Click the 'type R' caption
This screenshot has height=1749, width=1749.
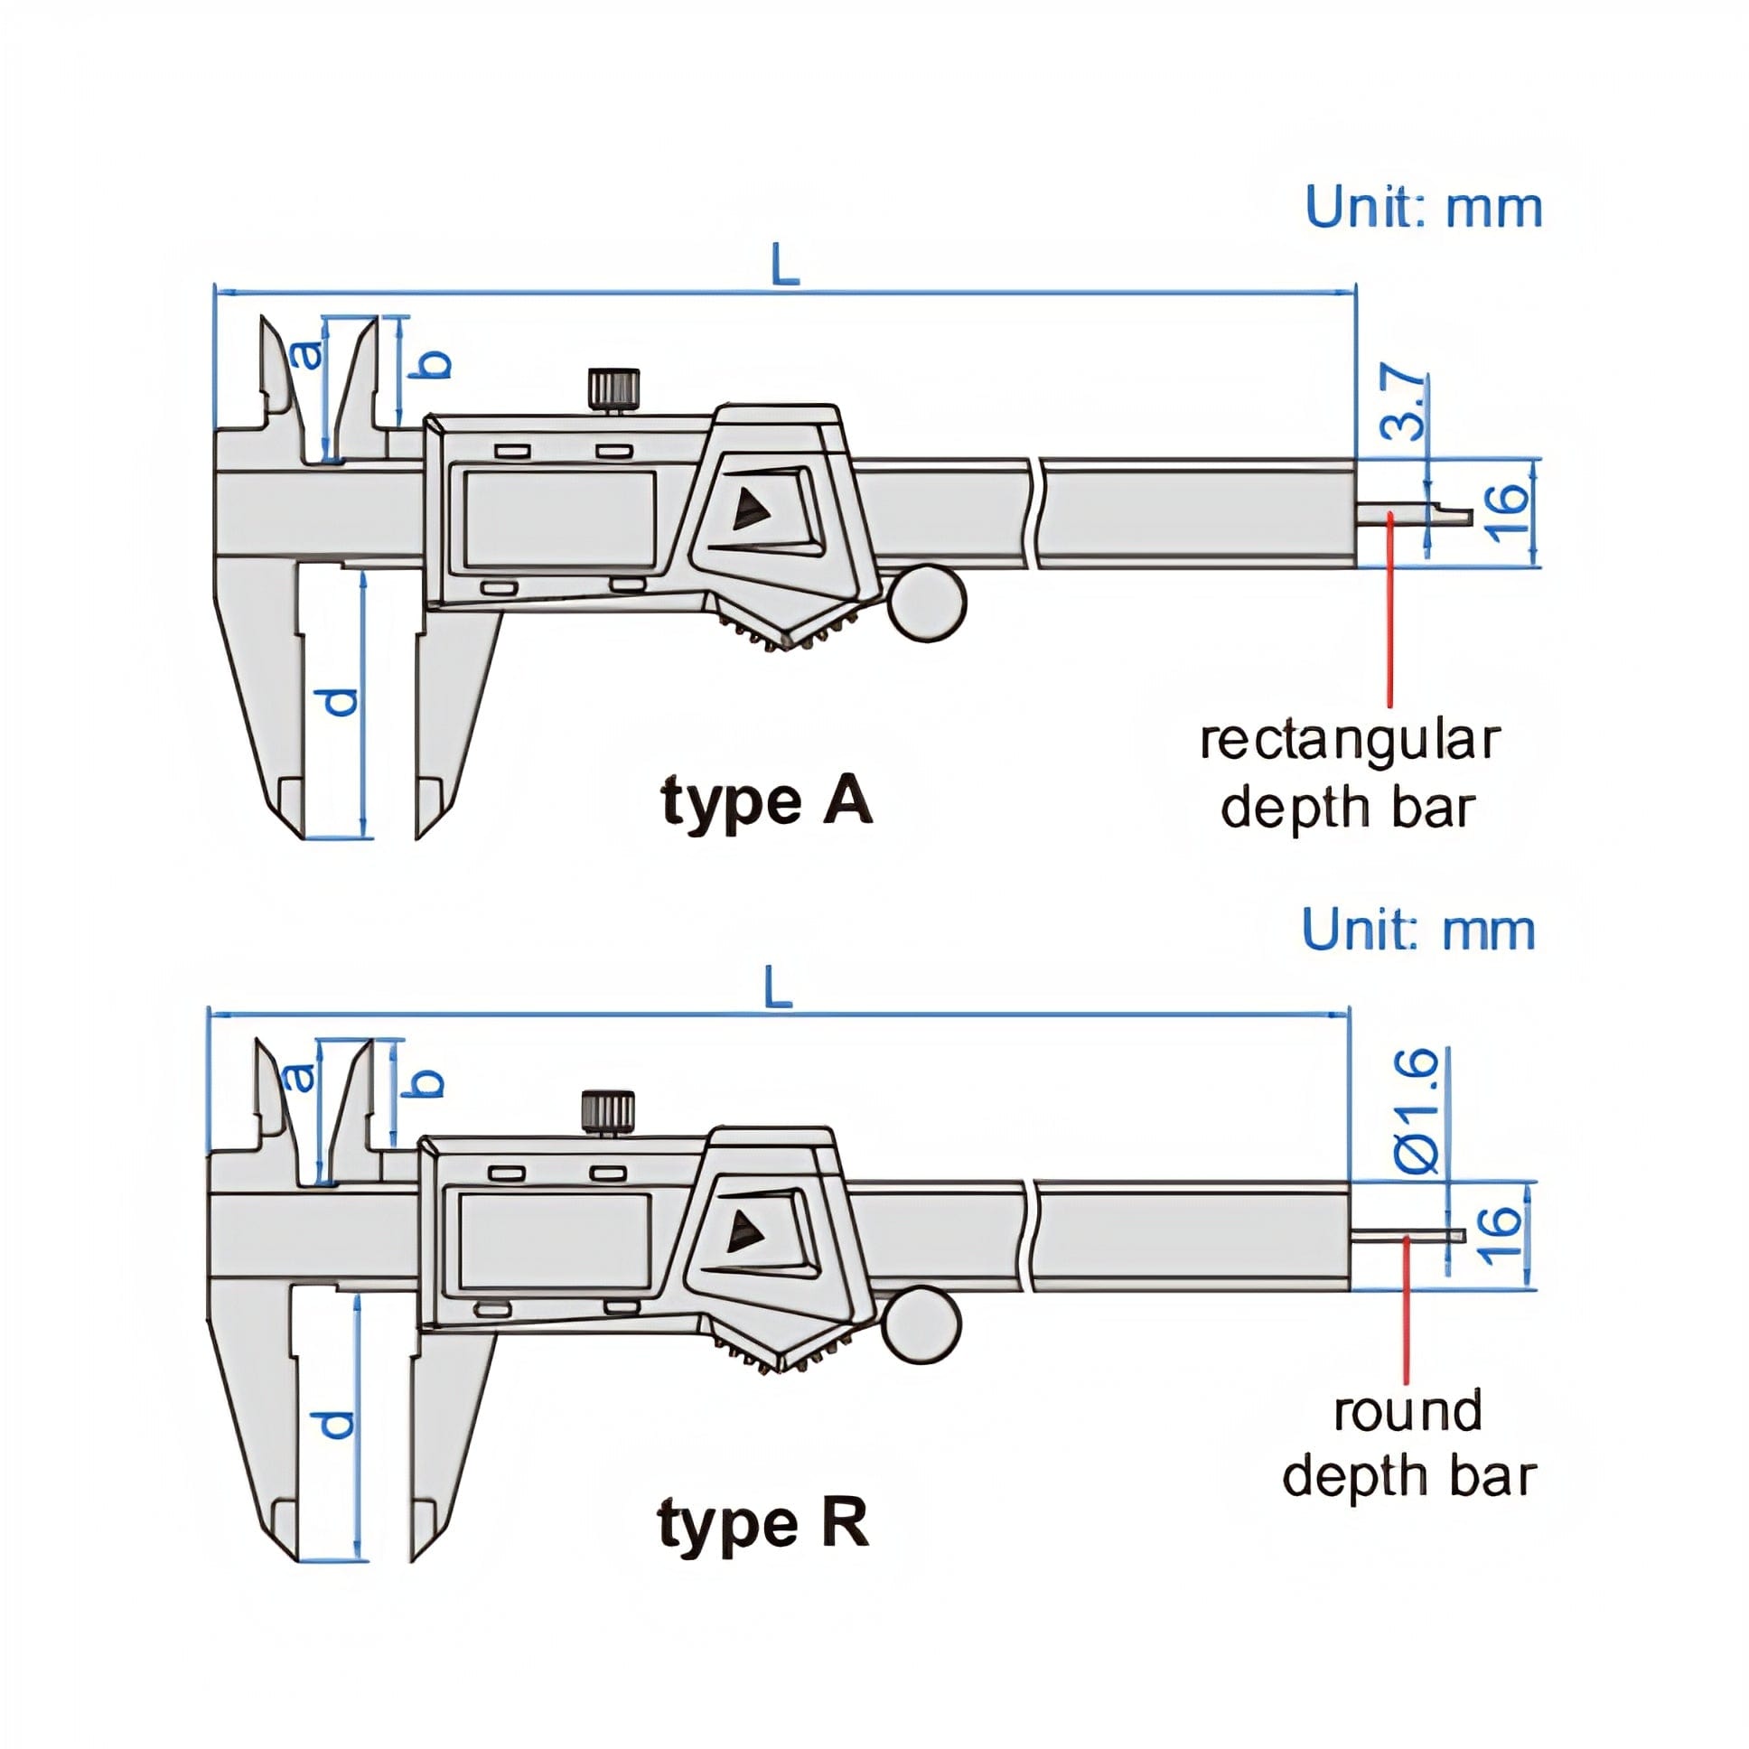(x=762, y=1523)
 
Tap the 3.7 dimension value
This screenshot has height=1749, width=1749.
(x=1406, y=404)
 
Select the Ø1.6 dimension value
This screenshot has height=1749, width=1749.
(x=1417, y=1112)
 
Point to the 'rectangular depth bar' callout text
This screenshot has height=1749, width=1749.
(x=1349, y=774)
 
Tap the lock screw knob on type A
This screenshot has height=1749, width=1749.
(x=613, y=388)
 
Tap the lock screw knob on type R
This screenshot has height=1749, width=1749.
(x=607, y=1112)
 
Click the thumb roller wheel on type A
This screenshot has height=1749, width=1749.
(x=927, y=602)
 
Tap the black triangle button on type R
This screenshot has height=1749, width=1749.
(x=745, y=1231)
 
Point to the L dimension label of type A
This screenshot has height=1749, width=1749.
(x=786, y=267)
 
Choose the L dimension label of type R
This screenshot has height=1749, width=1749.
(x=779, y=987)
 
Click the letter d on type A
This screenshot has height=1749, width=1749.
(x=341, y=701)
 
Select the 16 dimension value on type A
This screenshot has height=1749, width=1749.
(x=1507, y=512)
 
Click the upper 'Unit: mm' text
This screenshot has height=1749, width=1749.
(x=1422, y=208)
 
